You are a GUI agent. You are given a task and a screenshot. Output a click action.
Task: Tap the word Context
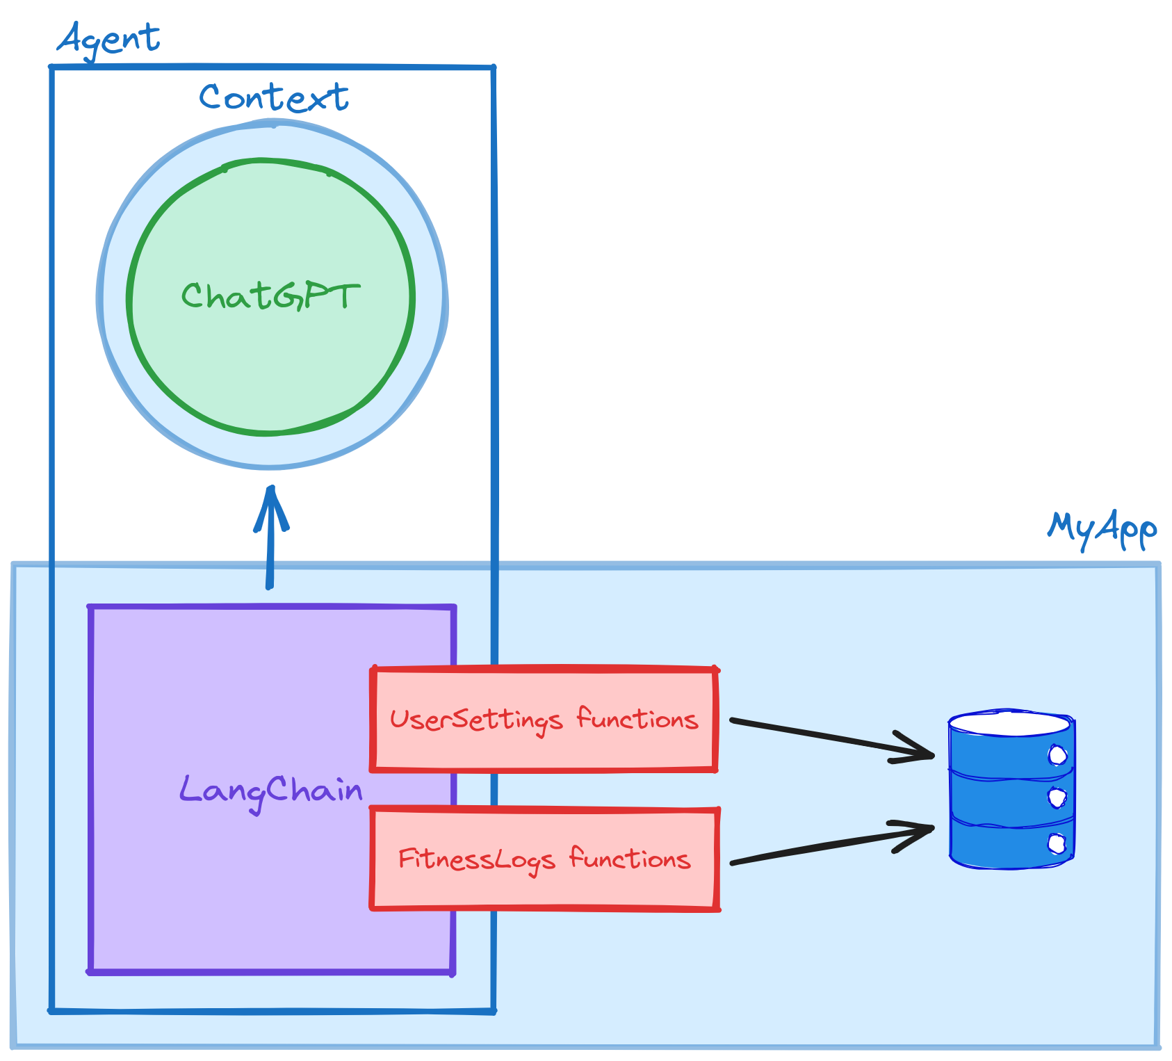click(x=273, y=98)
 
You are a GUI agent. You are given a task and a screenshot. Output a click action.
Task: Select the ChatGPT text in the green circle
click(x=270, y=296)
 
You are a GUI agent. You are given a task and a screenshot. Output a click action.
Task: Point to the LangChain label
click(x=271, y=791)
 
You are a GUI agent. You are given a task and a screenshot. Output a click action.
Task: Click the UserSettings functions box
click(x=544, y=720)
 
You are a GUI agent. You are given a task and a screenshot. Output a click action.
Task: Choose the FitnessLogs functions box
click(x=544, y=859)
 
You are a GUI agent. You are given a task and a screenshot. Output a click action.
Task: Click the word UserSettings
click(x=475, y=720)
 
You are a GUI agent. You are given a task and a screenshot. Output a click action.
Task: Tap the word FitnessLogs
click(x=476, y=860)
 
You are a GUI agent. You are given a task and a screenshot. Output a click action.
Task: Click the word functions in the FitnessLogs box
click(x=630, y=859)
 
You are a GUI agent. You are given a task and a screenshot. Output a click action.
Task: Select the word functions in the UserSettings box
click(x=637, y=719)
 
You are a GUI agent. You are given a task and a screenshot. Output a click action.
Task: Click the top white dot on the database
click(x=1057, y=755)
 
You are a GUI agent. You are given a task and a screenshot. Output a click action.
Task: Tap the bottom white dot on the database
click(x=1057, y=844)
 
